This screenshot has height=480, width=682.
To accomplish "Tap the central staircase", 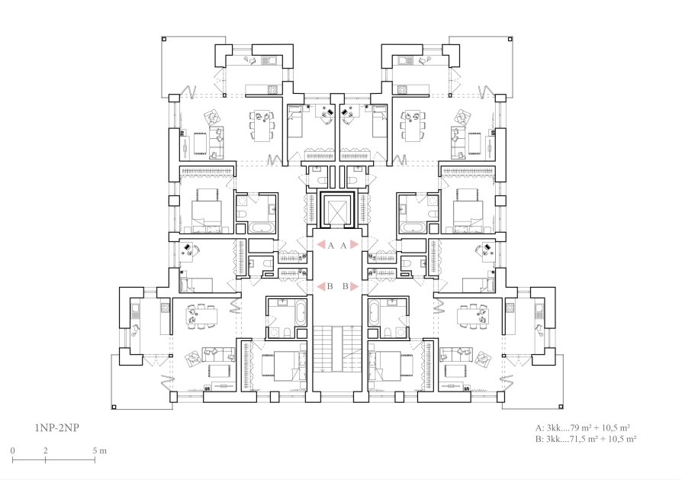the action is point(337,349).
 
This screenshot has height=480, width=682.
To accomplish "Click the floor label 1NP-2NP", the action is point(56,428).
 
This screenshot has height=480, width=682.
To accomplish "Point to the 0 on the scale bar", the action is point(13,450).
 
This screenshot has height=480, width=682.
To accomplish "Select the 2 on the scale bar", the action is point(45,450).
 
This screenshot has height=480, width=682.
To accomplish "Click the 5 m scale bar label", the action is point(99,450).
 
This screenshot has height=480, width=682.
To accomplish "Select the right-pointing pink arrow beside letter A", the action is point(354,245).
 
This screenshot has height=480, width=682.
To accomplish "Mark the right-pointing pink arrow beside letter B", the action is point(354,286).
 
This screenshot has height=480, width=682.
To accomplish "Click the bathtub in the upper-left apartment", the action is point(261,229).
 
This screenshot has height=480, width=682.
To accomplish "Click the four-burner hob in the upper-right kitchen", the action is point(401,89).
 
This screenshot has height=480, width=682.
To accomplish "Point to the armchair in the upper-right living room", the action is point(462,117).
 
